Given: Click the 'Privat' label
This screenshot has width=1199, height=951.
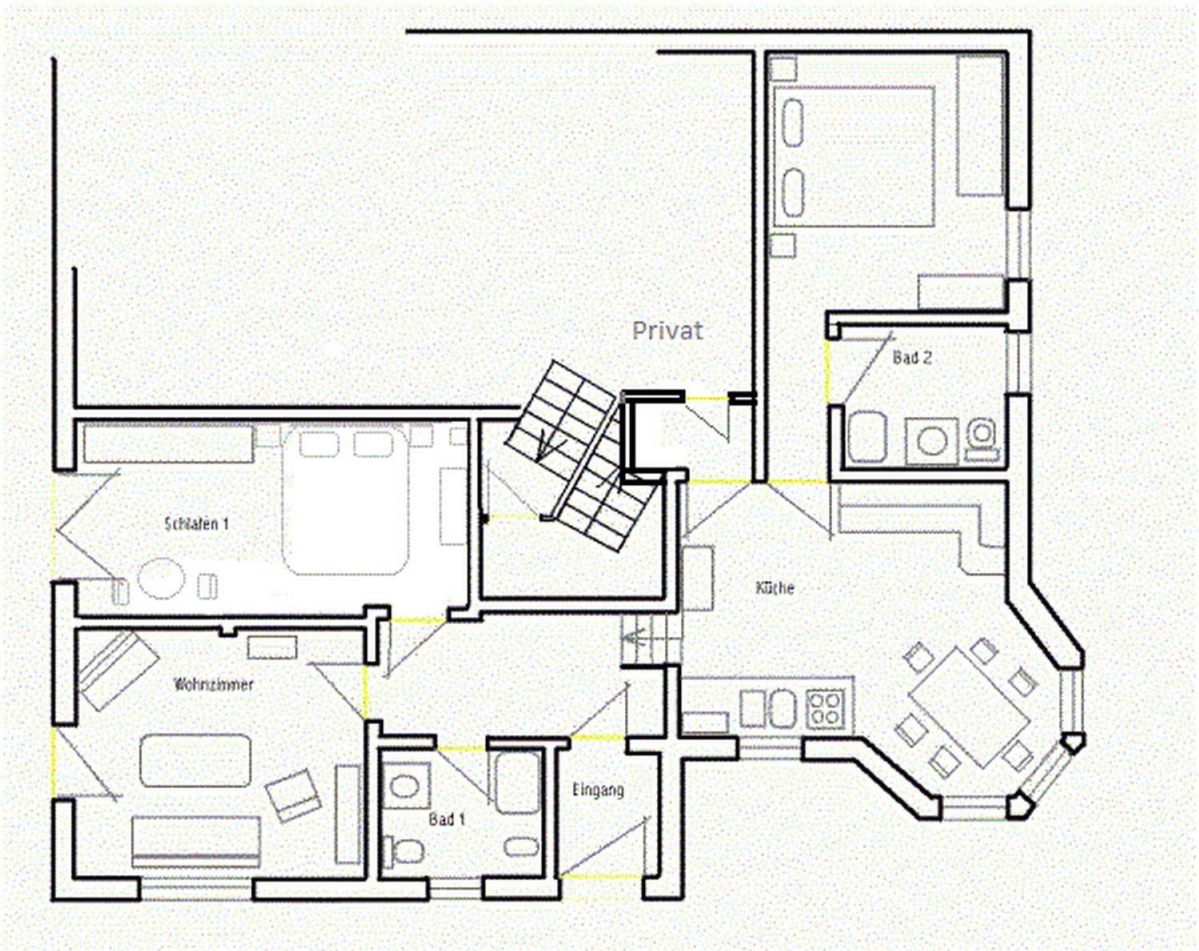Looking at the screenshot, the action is tap(667, 331).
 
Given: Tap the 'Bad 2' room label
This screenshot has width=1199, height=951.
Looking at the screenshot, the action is tap(912, 357).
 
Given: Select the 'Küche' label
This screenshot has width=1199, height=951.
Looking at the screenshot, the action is tap(775, 588).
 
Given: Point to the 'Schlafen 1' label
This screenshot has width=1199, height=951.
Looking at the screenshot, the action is tap(197, 523).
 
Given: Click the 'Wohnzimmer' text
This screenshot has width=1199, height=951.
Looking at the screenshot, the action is tap(214, 684).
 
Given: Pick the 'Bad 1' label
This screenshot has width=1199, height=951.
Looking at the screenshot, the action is tap(447, 819).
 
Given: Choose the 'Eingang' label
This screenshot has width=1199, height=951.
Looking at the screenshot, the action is tap(599, 790).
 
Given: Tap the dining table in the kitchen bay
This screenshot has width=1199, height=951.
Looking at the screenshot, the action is tap(970, 707).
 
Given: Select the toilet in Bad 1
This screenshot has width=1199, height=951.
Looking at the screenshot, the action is tap(404, 851).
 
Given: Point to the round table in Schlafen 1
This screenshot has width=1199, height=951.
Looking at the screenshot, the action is tap(161, 579).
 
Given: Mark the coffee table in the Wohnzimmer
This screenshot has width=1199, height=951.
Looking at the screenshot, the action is tap(196, 761).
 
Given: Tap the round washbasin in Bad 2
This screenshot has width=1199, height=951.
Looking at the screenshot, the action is tap(932, 441).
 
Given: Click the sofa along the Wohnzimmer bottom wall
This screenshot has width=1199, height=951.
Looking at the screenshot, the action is tap(196, 842).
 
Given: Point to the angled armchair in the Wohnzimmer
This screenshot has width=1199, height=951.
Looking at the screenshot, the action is tap(293, 796).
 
